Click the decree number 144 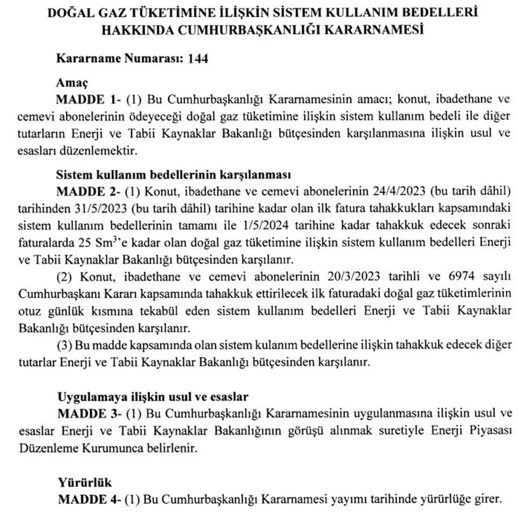[x=197, y=59]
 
